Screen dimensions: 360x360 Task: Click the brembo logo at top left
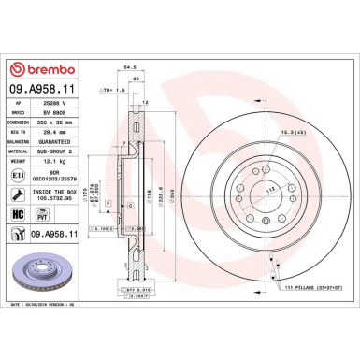pyautogui.click(x=40, y=70)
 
